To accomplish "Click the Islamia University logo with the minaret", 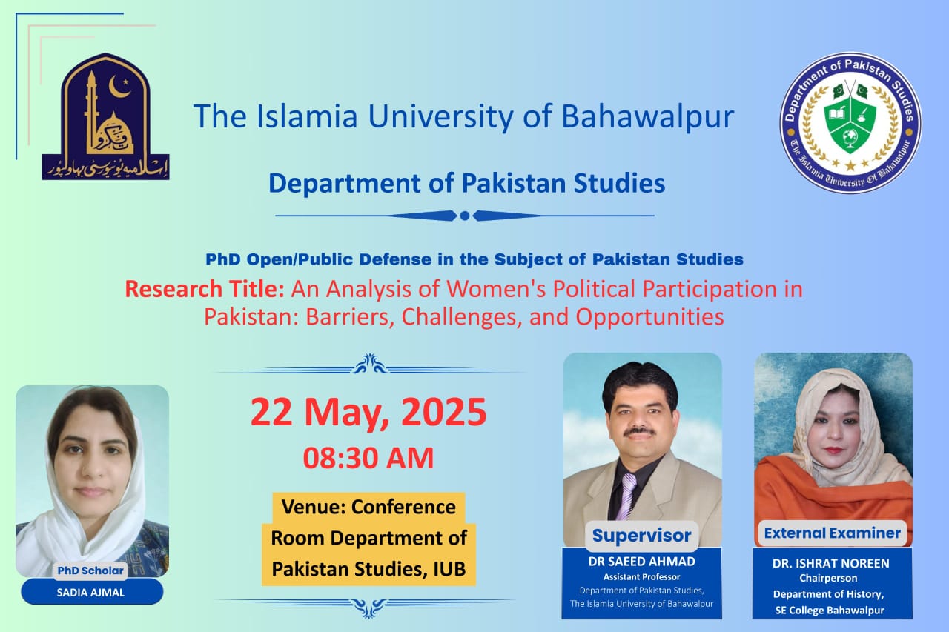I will pos(105,116).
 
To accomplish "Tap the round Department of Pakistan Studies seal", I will pos(850,123).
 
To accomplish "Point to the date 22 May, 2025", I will pos(368,413).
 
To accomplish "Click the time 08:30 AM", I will pos(368,457).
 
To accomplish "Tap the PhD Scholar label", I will pos(91,571).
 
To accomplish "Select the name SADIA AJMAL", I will pos(91,591).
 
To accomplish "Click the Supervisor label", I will pos(641,535).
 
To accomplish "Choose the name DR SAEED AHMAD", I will pos(641,561).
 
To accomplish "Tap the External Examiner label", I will pos(832,533).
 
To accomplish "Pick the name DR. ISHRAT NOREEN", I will pos(832,563).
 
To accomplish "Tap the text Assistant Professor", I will pos(641,576).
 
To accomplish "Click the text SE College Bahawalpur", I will pos(832,610).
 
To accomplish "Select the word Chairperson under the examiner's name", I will pos(832,578).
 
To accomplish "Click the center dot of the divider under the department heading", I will pos(465,216).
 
